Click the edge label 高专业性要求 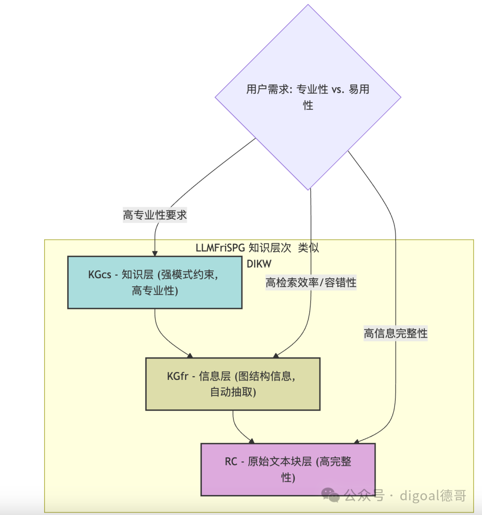155,215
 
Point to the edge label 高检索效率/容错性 311,283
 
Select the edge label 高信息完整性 395,334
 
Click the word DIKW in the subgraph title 259,264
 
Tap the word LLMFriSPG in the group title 220,248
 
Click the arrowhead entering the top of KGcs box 155,253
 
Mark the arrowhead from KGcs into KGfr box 191,355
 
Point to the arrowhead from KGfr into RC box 252,441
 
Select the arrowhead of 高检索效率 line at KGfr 275,355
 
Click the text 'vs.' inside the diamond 338,90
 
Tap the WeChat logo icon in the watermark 331,494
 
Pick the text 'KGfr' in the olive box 178,376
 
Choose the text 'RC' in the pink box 231,461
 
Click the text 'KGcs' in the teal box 99,275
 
